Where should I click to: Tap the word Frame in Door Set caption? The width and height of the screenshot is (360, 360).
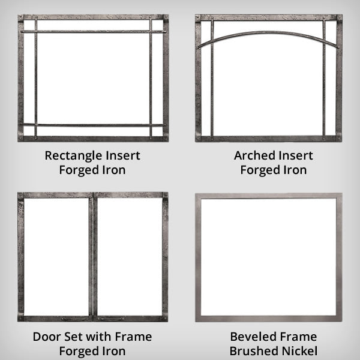click(133, 337)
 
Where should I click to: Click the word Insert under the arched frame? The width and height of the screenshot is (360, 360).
click(296, 155)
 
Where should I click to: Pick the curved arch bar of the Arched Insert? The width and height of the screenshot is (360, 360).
click(268, 32)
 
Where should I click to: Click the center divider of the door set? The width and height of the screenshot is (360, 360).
click(93, 257)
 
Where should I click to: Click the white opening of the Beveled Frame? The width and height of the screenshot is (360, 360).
click(269, 257)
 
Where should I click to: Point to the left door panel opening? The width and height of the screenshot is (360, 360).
click(56, 257)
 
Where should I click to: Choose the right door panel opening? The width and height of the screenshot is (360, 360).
click(130, 257)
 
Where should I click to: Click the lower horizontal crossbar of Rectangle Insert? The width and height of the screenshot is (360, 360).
click(93, 125)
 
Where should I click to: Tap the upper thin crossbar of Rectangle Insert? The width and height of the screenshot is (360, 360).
click(93, 31)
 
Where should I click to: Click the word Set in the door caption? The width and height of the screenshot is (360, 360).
click(73, 337)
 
